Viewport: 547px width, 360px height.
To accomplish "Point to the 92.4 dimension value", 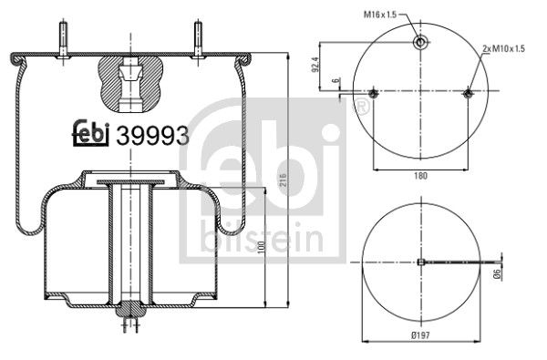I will pyautogui.click(x=316, y=67).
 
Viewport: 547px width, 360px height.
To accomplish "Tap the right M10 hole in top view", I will pyautogui.click(x=468, y=93).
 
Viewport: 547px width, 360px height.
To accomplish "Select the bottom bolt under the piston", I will pyautogui.click(x=130, y=321).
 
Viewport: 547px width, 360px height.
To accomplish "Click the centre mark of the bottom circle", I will pyautogui.click(x=420, y=262).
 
